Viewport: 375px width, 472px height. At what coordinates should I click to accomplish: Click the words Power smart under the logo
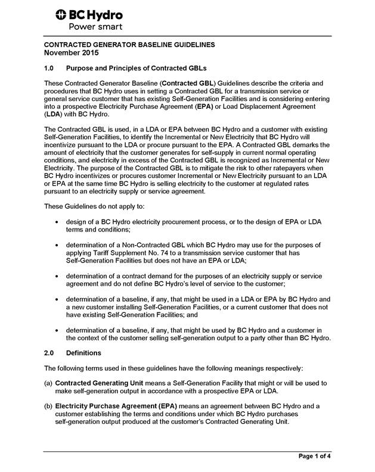click(96, 27)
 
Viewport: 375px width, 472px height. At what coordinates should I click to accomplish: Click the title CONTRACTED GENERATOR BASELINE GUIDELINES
click(130, 45)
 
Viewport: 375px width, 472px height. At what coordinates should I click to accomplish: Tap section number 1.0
click(51, 68)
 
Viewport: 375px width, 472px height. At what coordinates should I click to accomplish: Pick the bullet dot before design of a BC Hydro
click(55, 221)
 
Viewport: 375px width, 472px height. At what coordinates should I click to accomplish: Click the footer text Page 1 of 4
click(315, 456)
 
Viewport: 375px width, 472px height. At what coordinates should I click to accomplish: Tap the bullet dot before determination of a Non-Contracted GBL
click(55, 245)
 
